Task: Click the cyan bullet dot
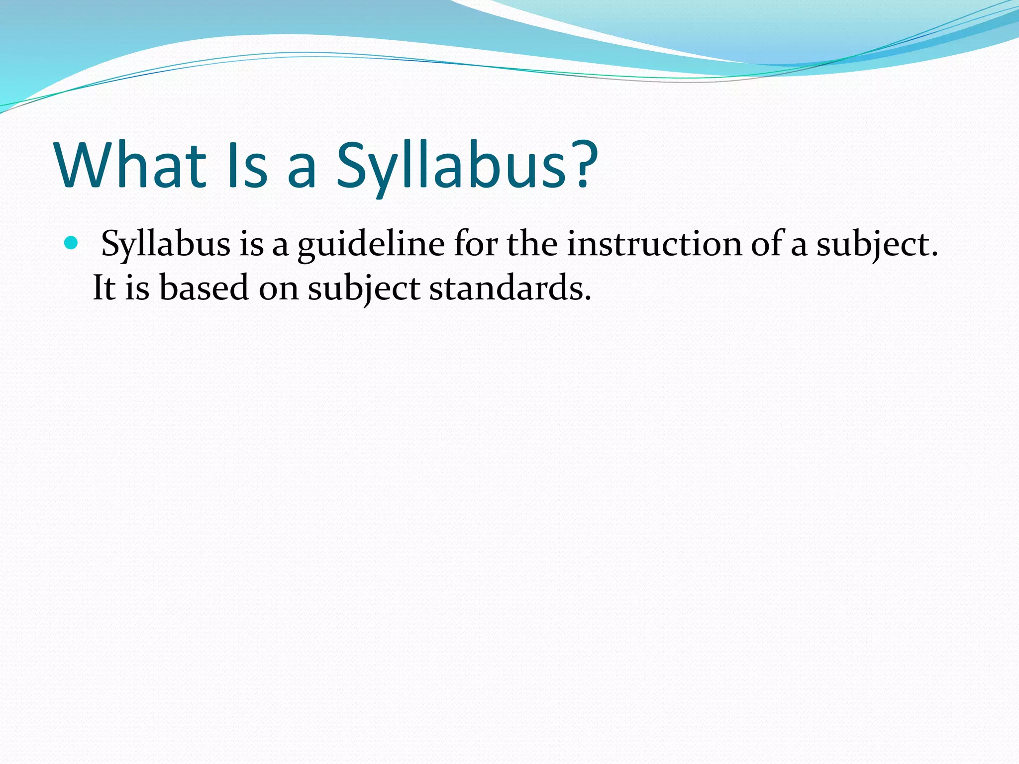tap(72, 243)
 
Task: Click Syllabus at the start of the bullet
tap(166, 244)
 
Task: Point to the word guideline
tap(371, 244)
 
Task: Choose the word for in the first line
tap(476, 244)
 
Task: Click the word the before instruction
tap(532, 244)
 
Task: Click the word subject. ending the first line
tap(877, 244)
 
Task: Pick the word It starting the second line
tap(104, 288)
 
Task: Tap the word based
tap(204, 288)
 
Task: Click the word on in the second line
tap(278, 288)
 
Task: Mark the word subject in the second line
tap(364, 288)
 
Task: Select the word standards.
tap(510, 288)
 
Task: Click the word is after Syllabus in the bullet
tap(251, 244)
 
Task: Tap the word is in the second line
tap(137, 288)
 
